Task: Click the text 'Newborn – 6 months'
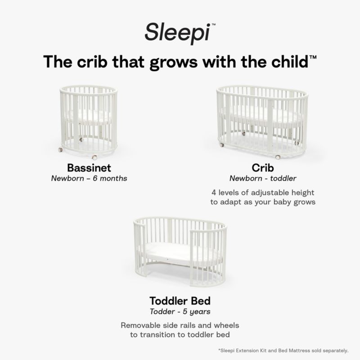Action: pos(89,179)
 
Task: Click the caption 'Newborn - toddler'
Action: pos(263,179)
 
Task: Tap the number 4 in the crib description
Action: pos(213,193)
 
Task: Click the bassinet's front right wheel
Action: pos(94,157)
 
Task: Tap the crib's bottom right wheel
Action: pos(278,157)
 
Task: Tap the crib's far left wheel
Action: pos(222,145)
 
